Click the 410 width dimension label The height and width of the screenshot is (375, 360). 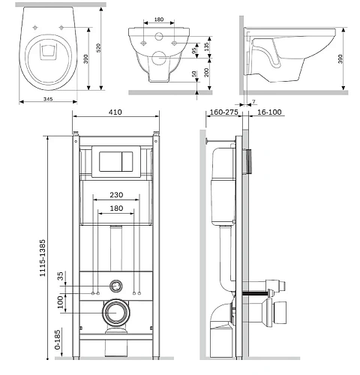click(115, 112)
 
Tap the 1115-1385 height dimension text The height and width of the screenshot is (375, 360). click(43, 258)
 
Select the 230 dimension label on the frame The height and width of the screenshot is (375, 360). click(116, 195)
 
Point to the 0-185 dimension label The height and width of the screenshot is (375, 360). click(58, 340)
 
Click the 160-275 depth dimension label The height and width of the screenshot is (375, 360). click(223, 112)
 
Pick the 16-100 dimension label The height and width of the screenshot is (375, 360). click(269, 112)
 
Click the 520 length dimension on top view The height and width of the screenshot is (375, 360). click(99, 48)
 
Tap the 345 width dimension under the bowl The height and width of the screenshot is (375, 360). click(48, 99)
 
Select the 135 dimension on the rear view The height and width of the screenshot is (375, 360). click(206, 46)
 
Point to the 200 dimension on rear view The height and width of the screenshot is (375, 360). click(206, 73)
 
